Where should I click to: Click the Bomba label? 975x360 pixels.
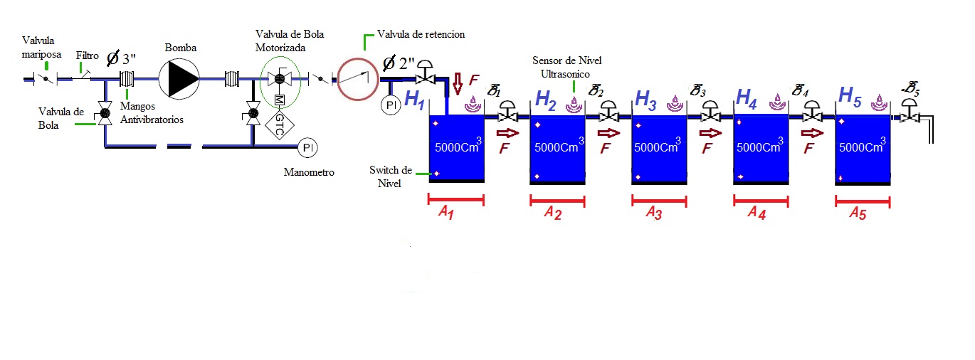pos(181,48)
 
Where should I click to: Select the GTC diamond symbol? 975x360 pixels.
pos(280,125)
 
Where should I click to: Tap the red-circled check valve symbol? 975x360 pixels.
pos(357,79)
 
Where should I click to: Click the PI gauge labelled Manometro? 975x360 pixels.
pos(307,147)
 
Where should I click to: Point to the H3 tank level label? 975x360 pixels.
pos(645,100)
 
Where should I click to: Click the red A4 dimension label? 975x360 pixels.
pos(757,213)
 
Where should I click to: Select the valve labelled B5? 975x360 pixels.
pos(910,110)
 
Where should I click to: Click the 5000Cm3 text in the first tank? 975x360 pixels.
pos(458,146)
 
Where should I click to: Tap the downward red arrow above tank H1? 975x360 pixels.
pos(457,84)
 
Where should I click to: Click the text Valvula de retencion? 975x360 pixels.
pos(421,34)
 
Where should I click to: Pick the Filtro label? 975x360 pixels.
pos(87,55)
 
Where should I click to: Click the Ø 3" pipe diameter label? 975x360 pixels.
pos(121,58)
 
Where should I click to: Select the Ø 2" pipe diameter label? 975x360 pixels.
pos(399,63)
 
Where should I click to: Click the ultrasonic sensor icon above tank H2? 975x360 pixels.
pos(574,105)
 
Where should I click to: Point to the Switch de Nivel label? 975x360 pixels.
pos(391,176)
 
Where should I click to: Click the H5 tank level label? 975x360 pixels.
pos(850,97)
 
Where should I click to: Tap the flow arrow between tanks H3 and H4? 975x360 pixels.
pos(710,133)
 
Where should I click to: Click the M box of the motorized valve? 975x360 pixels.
pos(280,100)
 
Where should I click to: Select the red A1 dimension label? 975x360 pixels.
pos(446,212)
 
